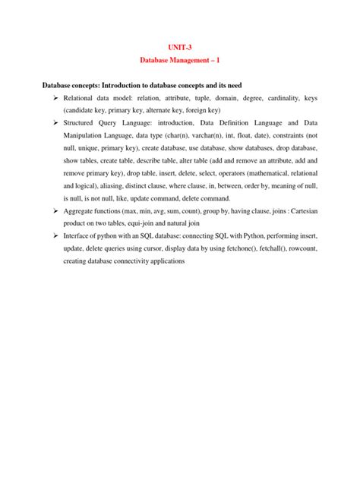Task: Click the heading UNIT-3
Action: tap(180, 46)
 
